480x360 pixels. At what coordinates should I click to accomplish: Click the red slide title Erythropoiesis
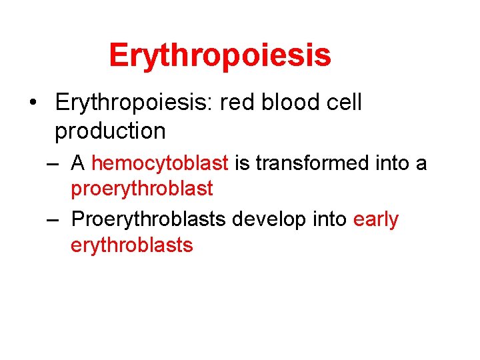pyautogui.click(x=219, y=55)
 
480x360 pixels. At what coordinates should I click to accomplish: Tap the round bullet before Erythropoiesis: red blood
pyautogui.click(x=33, y=103)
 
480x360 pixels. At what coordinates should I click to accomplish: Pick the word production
pyautogui.click(x=110, y=131)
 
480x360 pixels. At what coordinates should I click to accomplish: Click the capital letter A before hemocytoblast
pyautogui.click(x=78, y=163)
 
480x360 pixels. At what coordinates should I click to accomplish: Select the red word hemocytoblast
pyautogui.click(x=160, y=163)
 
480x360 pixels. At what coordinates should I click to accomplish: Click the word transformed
pyautogui.click(x=311, y=163)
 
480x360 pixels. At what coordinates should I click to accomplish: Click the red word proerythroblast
pyautogui.click(x=141, y=189)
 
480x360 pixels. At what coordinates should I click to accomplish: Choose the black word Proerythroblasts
pyautogui.click(x=148, y=219)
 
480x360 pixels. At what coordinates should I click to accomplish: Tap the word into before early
pyautogui.click(x=330, y=219)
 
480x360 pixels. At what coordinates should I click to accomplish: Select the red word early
pyautogui.click(x=375, y=219)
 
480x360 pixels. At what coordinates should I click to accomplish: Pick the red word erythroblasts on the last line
pyautogui.click(x=131, y=245)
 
